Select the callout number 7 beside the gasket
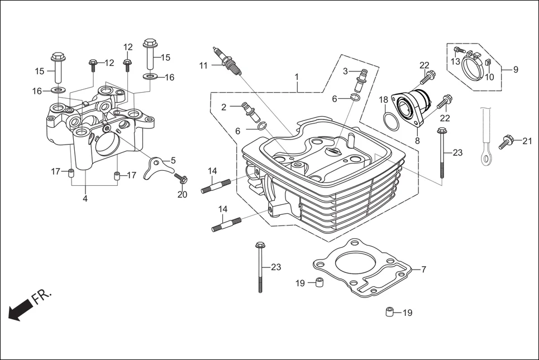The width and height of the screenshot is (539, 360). tap(423, 270)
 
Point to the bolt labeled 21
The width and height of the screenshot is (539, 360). tap(507, 140)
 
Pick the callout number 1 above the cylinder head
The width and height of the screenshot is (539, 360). tap(297, 76)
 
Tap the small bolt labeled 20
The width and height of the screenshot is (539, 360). tap(182, 179)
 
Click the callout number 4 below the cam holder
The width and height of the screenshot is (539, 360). tap(85, 198)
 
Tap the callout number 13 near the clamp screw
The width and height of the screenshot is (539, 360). tap(456, 61)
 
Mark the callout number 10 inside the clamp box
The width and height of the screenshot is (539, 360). tap(489, 77)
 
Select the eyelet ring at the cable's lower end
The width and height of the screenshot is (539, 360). tap(486, 159)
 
